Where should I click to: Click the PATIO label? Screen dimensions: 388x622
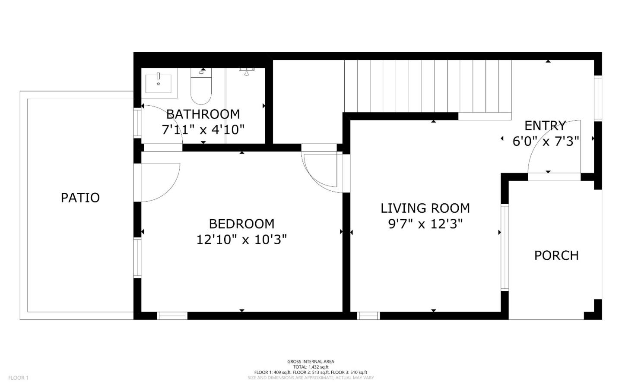(x=80, y=198)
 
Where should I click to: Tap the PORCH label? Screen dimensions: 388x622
(x=556, y=256)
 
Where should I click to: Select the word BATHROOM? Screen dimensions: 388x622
(x=203, y=114)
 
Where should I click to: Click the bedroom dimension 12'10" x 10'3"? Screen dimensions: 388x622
(x=241, y=239)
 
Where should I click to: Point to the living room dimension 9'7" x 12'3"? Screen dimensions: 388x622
(x=425, y=224)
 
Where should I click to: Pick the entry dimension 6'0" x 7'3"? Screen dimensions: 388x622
(x=546, y=141)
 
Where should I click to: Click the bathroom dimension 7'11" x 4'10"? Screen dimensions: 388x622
(x=203, y=129)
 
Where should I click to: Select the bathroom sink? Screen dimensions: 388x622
(x=159, y=84)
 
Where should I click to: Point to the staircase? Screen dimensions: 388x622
(x=428, y=86)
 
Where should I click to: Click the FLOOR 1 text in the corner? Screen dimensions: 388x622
(x=18, y=378)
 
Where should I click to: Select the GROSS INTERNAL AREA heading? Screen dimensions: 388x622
(x=311, y=362)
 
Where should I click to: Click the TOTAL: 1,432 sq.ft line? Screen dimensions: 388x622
(x=311, y=367)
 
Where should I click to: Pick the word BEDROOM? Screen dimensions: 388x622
(x=241, y=224)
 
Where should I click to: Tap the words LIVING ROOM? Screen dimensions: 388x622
(x=425, y=208)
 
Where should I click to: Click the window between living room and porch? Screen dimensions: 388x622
(x=505, y=247)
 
